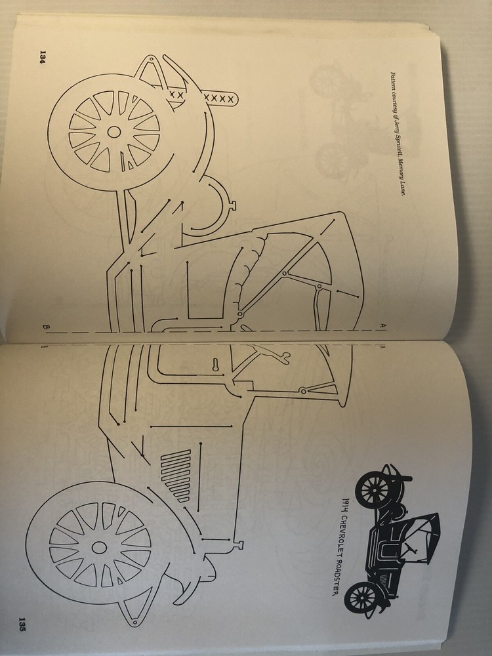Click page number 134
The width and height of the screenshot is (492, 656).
[42, 56]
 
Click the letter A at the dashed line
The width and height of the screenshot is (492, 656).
[382, 325]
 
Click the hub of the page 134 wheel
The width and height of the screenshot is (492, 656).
[113, 133]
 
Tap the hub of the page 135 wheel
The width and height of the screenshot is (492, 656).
[99, 547]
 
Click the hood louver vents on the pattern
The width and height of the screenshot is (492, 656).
[176, 474]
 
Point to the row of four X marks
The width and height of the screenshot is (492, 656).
[218, 98]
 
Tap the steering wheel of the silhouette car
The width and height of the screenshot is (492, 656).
[412, 547]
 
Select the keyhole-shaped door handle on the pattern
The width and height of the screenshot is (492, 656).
[215, 365]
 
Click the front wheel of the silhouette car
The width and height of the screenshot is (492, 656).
[362, 598]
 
